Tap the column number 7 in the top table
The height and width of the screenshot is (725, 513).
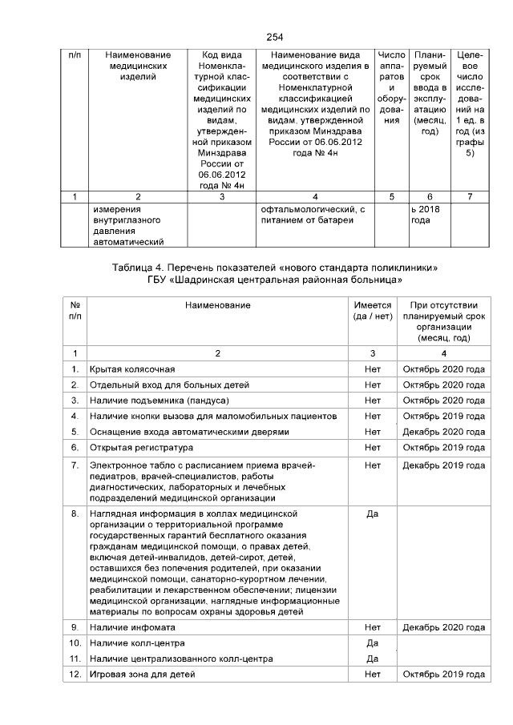coord(469,196)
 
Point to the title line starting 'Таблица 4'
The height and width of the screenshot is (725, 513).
coord(276,266)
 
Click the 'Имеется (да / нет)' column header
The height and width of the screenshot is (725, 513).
coord(372,310)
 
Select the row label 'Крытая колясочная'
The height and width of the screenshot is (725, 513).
coord(132,369)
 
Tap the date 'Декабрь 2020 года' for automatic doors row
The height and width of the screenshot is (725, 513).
coord(443,432)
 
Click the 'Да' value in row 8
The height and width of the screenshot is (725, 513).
coord(372,514)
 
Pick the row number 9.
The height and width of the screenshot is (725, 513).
coord(75,627)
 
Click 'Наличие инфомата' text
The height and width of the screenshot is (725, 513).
coord(132,627)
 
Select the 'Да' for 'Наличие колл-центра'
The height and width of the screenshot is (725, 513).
coord(372,643)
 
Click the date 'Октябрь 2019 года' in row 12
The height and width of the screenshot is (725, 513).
coord(443,675)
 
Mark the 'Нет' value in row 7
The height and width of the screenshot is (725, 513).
coord(372,465)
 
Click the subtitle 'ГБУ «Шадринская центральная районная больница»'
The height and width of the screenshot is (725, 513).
coord(276,280)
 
